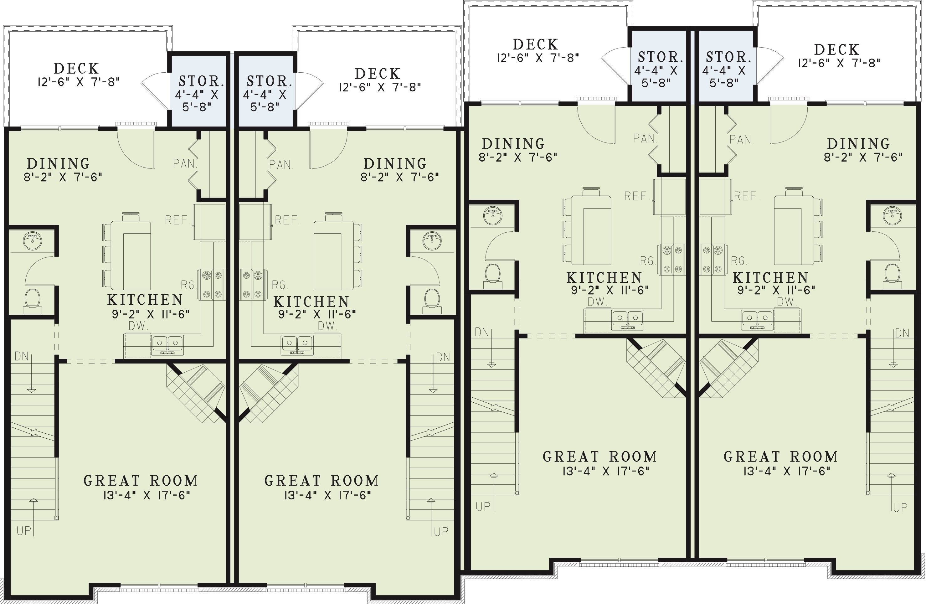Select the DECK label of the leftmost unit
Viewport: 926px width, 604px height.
pyautogui.click(x=76, y=69)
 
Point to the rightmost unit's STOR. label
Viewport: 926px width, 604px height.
pyautogui.click(x=728, y=57)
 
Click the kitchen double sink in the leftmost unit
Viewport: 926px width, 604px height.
pyautogui.click(x=168, y=344)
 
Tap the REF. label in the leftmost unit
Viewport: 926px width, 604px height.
pyautogui.click(x=177, y=220)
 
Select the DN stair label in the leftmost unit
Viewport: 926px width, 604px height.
pyautogui.click(x=22, y=356)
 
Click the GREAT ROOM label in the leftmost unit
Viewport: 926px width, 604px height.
pyautogui.click(x=141, y=481)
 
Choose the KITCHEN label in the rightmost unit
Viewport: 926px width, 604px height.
pyautogui.click(x=770, y=278)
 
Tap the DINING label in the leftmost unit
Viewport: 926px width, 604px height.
pyautogui.click(x=58, y=163)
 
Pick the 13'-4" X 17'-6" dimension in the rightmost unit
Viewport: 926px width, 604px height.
pyautogui.click(x=787, y=471)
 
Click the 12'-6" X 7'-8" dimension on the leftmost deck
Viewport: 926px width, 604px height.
pyautogui.click(x=79, y=82)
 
